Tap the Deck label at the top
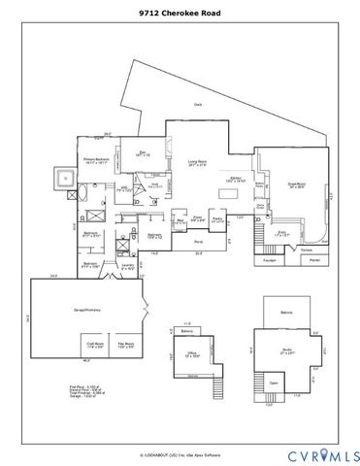tap(198, 103)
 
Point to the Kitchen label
tap(235, 179)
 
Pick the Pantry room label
tap(217, 219)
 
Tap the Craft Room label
tap(94, 344)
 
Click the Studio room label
tap(288, 351)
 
